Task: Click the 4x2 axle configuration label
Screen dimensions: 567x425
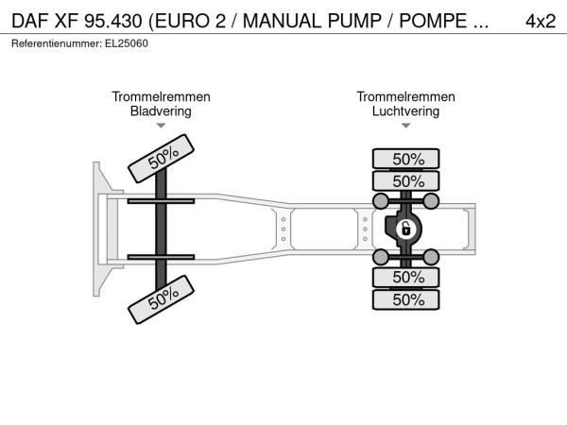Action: pyautogui.click(x=541, y=21)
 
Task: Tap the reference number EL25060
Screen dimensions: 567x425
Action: pyautogui.click(x=127, y=43)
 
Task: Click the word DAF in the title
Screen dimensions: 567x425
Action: pyautogui.click(x=30, y=21)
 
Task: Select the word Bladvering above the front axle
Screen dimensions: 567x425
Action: pyautogui.click(x=161, y=110)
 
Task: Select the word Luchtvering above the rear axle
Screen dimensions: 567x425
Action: pyautogui.click(x=405, y=110)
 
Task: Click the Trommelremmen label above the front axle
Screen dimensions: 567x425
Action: pyautogui.click(x=161, y=97)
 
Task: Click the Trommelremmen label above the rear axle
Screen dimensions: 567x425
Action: pyautogui.click(x=405, y=97)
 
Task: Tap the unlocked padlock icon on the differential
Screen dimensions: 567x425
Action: pyautogui.click(x=405, y=229)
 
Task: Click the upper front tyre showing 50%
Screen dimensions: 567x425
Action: pyautogui.click(x=162, y=159)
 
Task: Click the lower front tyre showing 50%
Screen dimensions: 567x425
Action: pyautogui.click(x=162, y=299)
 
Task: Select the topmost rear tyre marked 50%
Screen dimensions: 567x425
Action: pyautogui.click(x=406, y=159)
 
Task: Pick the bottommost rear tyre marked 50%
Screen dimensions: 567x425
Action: pyautogui.click(x=406, y=299)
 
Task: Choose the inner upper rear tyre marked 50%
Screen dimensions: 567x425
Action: pyautogui.click(x=406, y=180)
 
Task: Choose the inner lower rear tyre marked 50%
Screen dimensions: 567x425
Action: pyautogui.click(x=406, y=277)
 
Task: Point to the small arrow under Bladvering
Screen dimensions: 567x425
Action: pyautogui.click(x=161, y=126)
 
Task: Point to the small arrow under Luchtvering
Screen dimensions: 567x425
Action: pyautogui.click(x=405, y=126)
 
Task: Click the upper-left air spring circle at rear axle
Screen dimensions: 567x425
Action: pyautogui.click(x=381, y=201)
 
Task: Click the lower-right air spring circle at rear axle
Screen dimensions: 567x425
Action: pyautogui.click(x=431, y=257)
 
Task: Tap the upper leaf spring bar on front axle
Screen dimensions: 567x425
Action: pyautogui.click(x=161, y=201)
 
